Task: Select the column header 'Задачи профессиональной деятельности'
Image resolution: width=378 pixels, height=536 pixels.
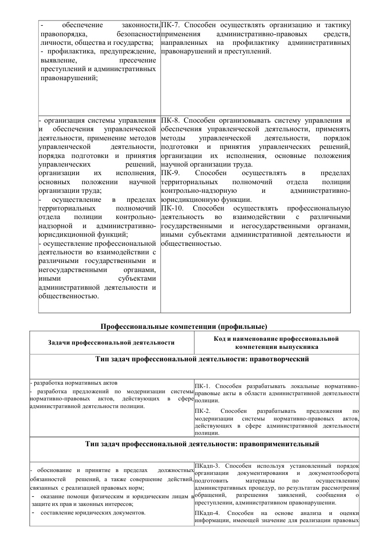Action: coord(111,343)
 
